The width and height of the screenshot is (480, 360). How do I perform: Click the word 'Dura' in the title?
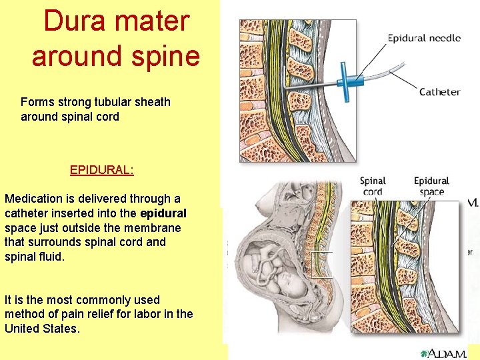tap(73, 21)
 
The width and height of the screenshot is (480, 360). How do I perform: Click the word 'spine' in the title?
tap(165, 55)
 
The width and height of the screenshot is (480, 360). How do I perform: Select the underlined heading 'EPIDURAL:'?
tap(102, 170)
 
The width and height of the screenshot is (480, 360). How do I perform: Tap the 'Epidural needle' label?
tap(424, 38)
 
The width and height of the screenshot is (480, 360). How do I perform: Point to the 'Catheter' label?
tap(439, 92)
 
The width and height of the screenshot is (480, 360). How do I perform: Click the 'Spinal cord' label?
tap(373, 186)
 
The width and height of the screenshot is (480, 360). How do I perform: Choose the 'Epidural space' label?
tap(431, 186)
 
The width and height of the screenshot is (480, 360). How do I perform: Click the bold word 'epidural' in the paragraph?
tap(163, 213)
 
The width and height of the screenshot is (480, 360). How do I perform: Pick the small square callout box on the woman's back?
tap(321, 265)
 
